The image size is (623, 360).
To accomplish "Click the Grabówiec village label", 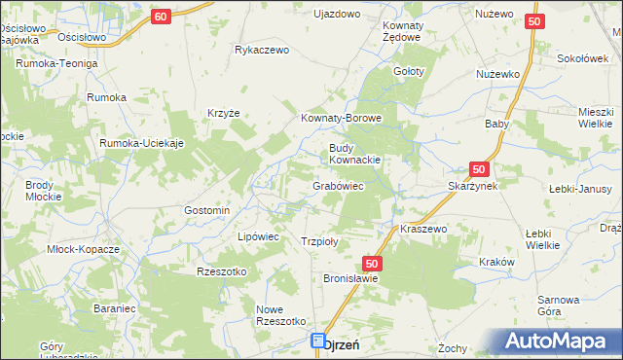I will (x=338, y=185).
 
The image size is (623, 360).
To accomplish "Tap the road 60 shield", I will (x=162, y=17).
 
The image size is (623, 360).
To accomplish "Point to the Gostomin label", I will (x=206, y=210).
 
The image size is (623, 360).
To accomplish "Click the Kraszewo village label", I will (x=422, y=229).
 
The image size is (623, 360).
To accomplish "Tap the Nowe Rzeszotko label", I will (x=280, y=315).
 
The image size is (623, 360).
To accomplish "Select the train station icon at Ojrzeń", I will (x=318, y=342).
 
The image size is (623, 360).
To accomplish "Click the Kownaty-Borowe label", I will (x=341, y=119).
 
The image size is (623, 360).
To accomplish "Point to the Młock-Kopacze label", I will (x=83, y=249).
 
